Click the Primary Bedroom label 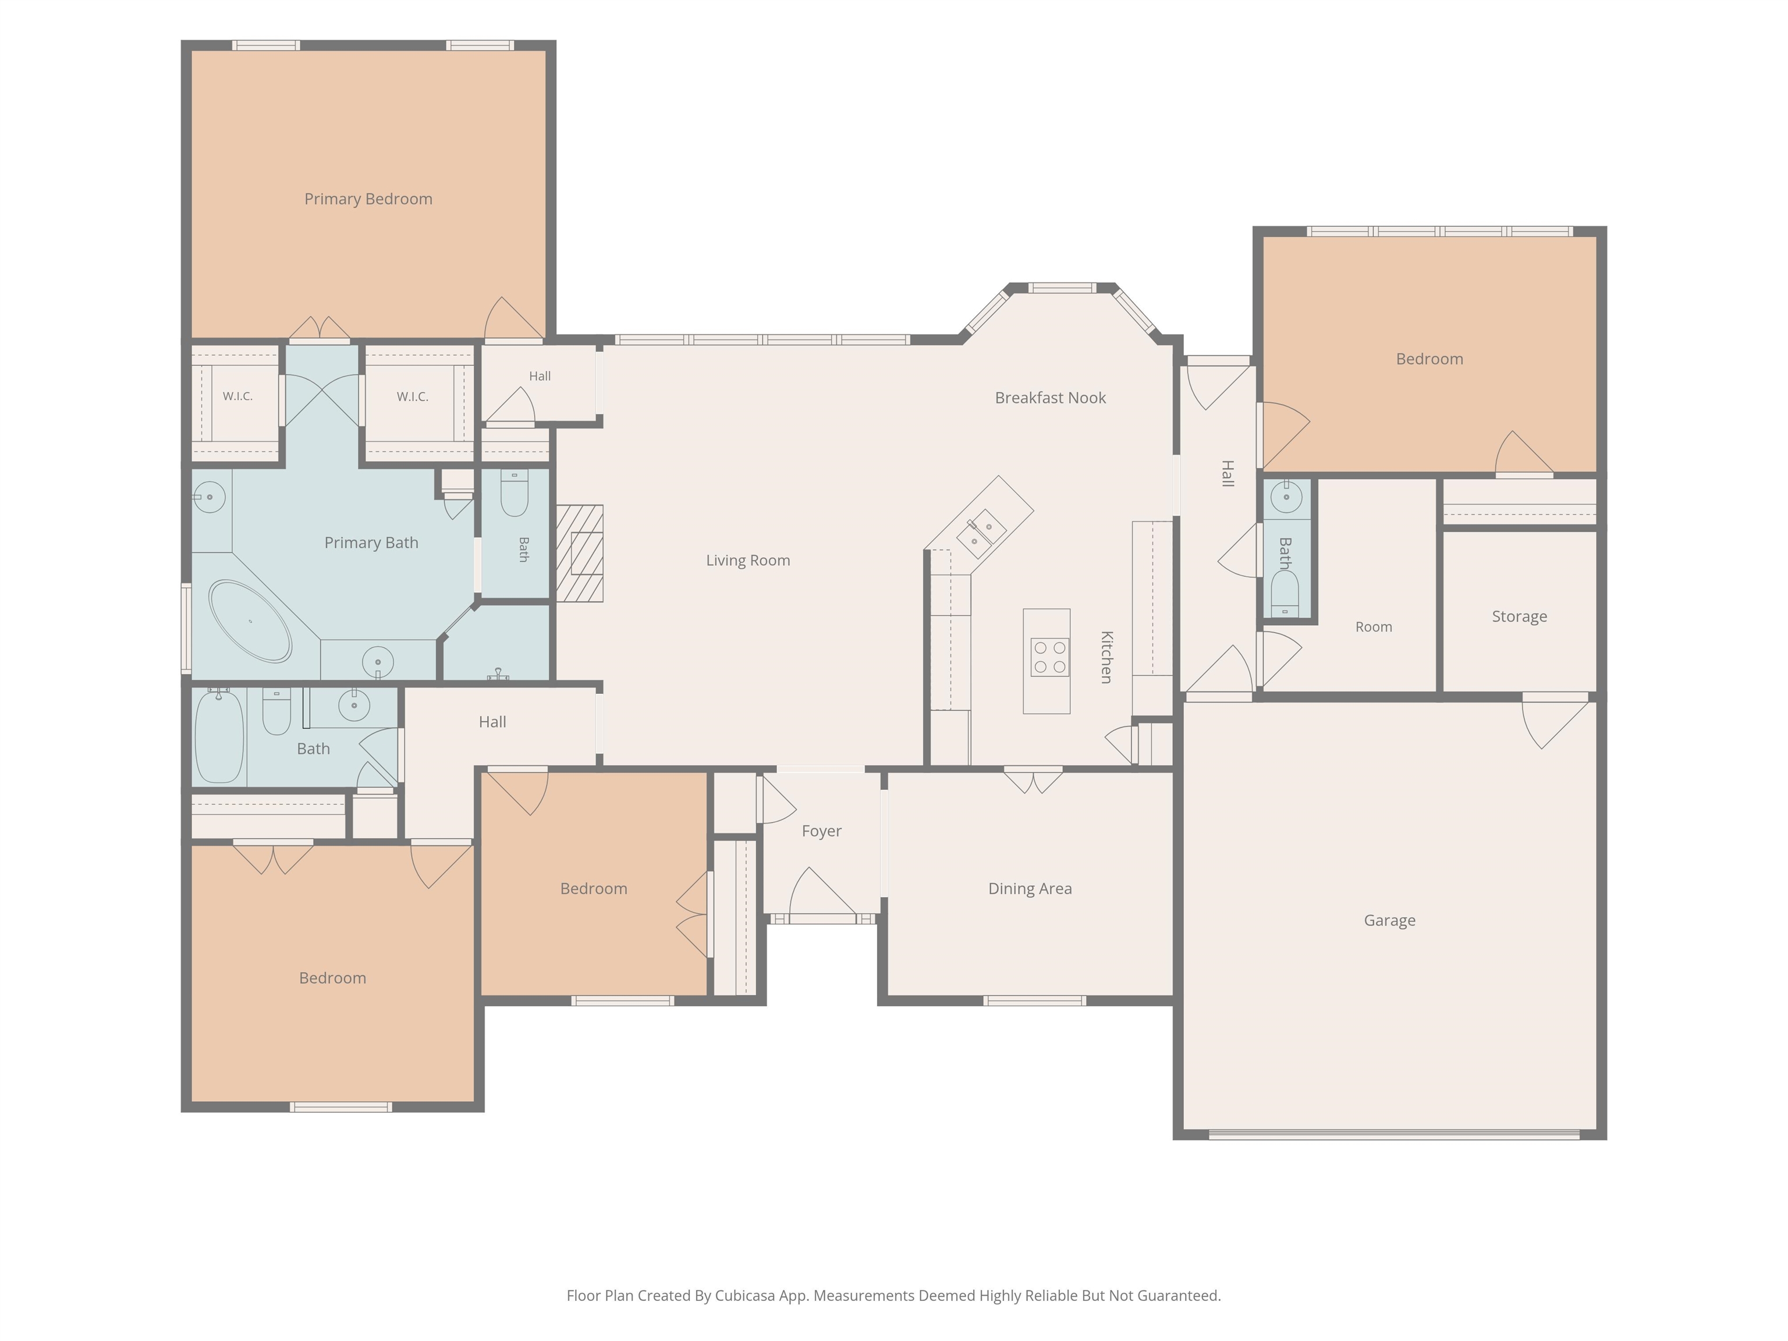[x=368, y=199]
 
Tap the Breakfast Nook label [x=1050, y=398]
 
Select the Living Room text [x=748, y=560]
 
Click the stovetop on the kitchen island [x=1049, y=657]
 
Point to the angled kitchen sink [x=981, y=534]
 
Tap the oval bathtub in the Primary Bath [x=250, y=621]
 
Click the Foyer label [x=821, y=831]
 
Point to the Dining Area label [x=1030, y=888]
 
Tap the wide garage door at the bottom [x=1393, y=1134]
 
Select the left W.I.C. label [x=237, y=396]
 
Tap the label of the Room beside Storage [x=1374, y=626]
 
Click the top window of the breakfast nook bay [x=1062, y=288]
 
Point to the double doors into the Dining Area [x=1033, y=780]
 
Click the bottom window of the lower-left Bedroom [x=341, y=1106]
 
